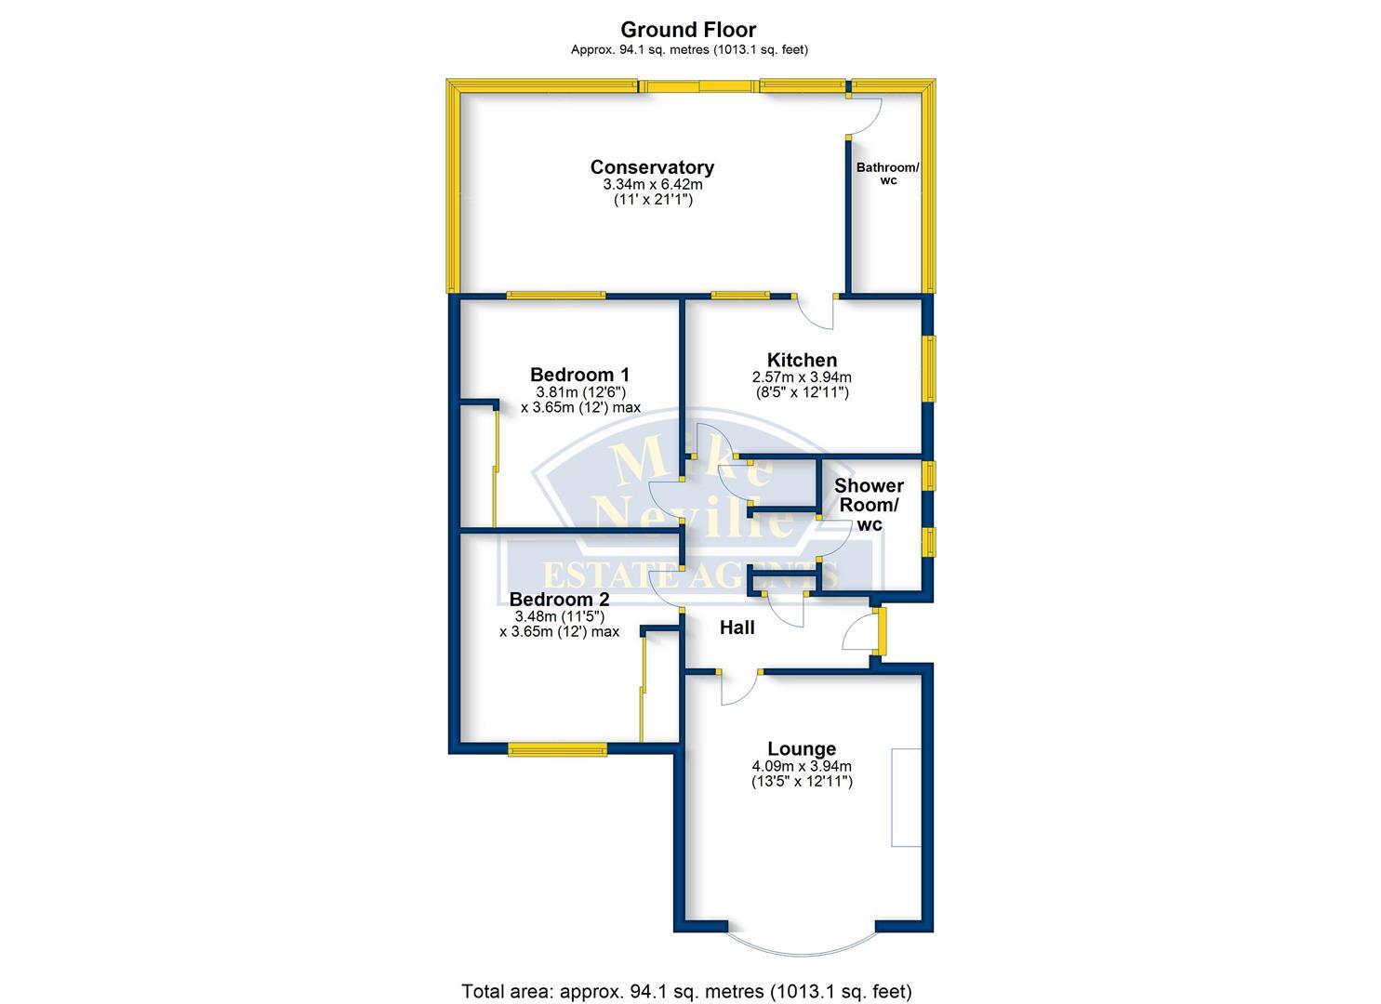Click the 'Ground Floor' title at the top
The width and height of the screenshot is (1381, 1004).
click(688, 30)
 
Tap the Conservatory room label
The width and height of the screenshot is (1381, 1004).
click(652, 167)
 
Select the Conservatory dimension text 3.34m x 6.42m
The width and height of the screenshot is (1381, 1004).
click(652, 185)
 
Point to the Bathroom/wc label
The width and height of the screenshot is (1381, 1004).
click(887, 174)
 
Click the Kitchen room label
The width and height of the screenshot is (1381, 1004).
click(802, 360)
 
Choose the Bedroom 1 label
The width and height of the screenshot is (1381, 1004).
click(579, 375)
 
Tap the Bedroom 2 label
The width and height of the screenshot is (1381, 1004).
click(559, 600)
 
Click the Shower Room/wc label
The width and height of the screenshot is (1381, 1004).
click(869, 505)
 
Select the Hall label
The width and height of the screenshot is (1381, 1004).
click(737, 628)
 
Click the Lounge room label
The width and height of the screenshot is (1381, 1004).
click(802, 748)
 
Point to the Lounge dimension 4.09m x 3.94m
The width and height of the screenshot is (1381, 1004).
click(802, 766)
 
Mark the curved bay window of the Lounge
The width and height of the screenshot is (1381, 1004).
click(801, 948)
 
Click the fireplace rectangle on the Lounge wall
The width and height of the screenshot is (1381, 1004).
click(905, 797)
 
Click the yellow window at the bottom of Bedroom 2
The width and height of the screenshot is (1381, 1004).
click(557, 748)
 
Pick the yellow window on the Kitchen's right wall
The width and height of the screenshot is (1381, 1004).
click(928, 368)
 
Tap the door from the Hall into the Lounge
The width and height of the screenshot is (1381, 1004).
click(739, 686)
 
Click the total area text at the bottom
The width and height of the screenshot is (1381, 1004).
click(686, 991)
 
